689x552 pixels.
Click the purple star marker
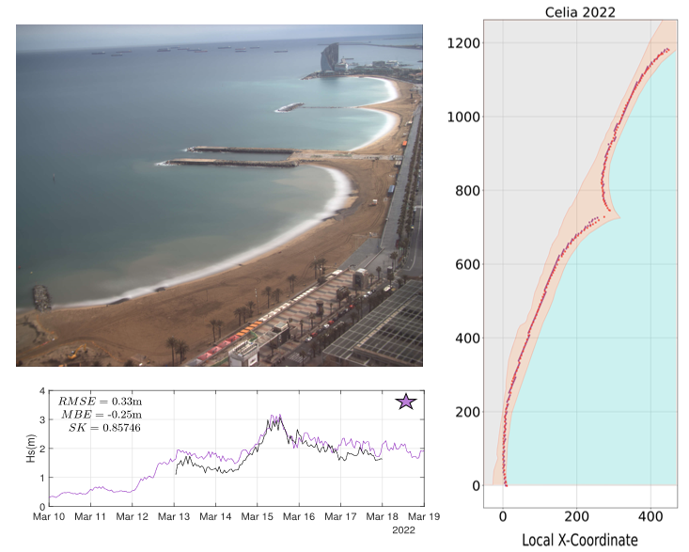click(x=406, y=402)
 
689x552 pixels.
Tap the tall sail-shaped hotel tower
click(x=328, y=58)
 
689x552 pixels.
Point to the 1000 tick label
click(x=463, y=117)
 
